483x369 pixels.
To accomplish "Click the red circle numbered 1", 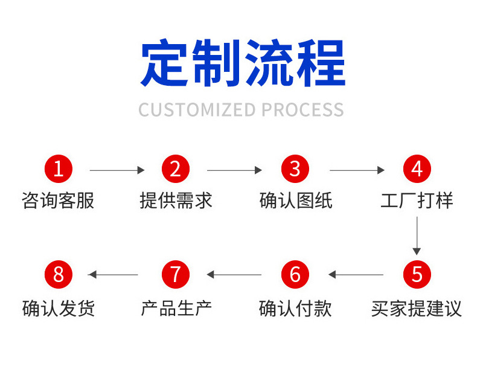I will (58, 170).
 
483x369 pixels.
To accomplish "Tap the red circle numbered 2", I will (176, 170).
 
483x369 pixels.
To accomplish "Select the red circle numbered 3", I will (295, 170).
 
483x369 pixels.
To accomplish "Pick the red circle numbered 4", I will (417, 170).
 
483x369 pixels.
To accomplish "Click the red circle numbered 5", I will (417, 275).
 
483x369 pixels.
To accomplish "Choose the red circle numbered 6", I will (295, 275).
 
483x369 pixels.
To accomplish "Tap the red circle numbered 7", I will (176, 275).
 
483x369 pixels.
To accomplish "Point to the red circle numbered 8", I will (58, 275).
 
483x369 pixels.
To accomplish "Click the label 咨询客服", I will (58, 201).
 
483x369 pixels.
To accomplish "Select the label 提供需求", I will (176, 201).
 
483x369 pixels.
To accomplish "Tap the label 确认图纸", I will (295, 201).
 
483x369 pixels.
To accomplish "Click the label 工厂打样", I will (417, 201).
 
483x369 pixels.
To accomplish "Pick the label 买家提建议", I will (417, 308).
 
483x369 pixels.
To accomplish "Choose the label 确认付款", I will (295, 308).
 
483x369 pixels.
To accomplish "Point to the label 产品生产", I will (176, 308).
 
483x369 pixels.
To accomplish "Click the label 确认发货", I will (58, 308).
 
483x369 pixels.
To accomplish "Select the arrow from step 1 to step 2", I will (117, 170).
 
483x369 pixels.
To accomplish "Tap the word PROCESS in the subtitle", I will (302, 110).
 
